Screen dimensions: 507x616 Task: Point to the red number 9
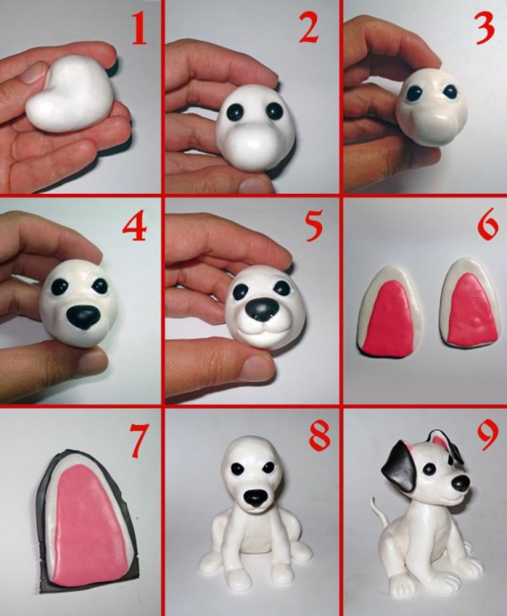pyautogui.click(x=487, y=436)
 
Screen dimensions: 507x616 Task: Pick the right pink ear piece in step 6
pyautogui.click(x=472, y=311)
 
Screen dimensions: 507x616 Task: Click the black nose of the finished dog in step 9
pyautogui.click(x=461, y=482)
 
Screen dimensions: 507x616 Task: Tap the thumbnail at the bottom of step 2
pyautogui.click(x=257, y=184)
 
